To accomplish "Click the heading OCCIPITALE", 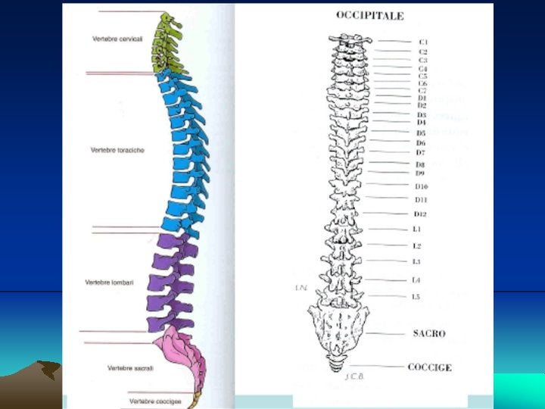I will pos(370,15).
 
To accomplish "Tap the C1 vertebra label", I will pos(423,42).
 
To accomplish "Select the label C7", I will pos(422,91).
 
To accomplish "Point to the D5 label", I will pos(421,133).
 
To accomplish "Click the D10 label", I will pos(422,186).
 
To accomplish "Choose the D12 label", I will pos(421,214).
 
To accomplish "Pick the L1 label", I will pos(417,229).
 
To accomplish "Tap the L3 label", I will pos(417,262).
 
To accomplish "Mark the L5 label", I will pos(416,297).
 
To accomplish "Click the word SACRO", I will pos(429,333).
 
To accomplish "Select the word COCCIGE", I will pos(429,367).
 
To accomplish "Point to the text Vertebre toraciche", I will pos(117,150).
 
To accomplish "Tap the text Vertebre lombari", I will pos(109,283).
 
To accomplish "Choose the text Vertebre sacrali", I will pos(130,368).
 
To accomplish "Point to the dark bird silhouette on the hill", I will pos(50,370).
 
